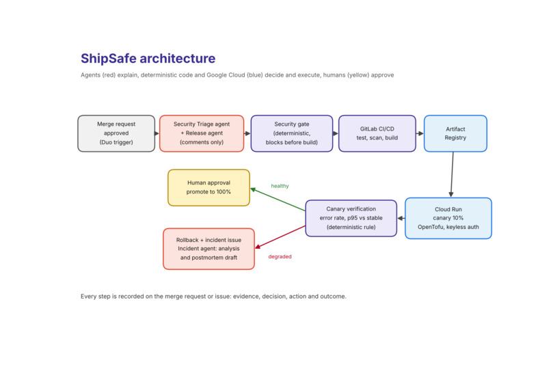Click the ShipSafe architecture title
[148, 58]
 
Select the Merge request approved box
[116, 133]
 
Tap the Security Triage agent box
[202, 133]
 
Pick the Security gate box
[292, 133]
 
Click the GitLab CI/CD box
[377, 133]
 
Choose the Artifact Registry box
[455, 133]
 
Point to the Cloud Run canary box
[448, 218]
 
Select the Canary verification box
[351, 218]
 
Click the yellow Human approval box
[209, 187]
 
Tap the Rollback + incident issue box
[209, 249]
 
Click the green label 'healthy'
[280, 186]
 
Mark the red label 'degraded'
[280, 256]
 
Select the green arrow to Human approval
[278, 200]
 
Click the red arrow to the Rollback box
[280, 237]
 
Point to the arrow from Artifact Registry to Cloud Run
[453, 174]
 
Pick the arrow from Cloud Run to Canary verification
[401, 218]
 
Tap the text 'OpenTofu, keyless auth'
[448, 227]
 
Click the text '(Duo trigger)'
[116, 142]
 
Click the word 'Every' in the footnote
[88, 297]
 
